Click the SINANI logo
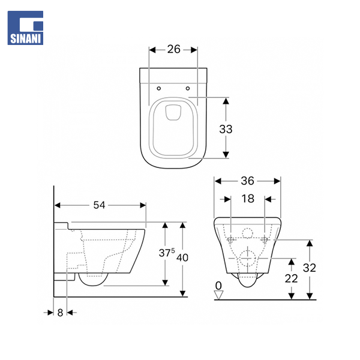(x=25, y=28)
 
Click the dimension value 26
(x=173, y=49)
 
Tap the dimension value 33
(x=226, y=129)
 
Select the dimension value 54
(x=99, y=205)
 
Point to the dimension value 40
(x=182, y=257)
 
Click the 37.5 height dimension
(x=166, y=253)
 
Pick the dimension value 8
(x=60, y=313)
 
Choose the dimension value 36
(x=247, y=181)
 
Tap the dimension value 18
(x=248, y=199)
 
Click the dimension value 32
(x=309, y=268)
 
